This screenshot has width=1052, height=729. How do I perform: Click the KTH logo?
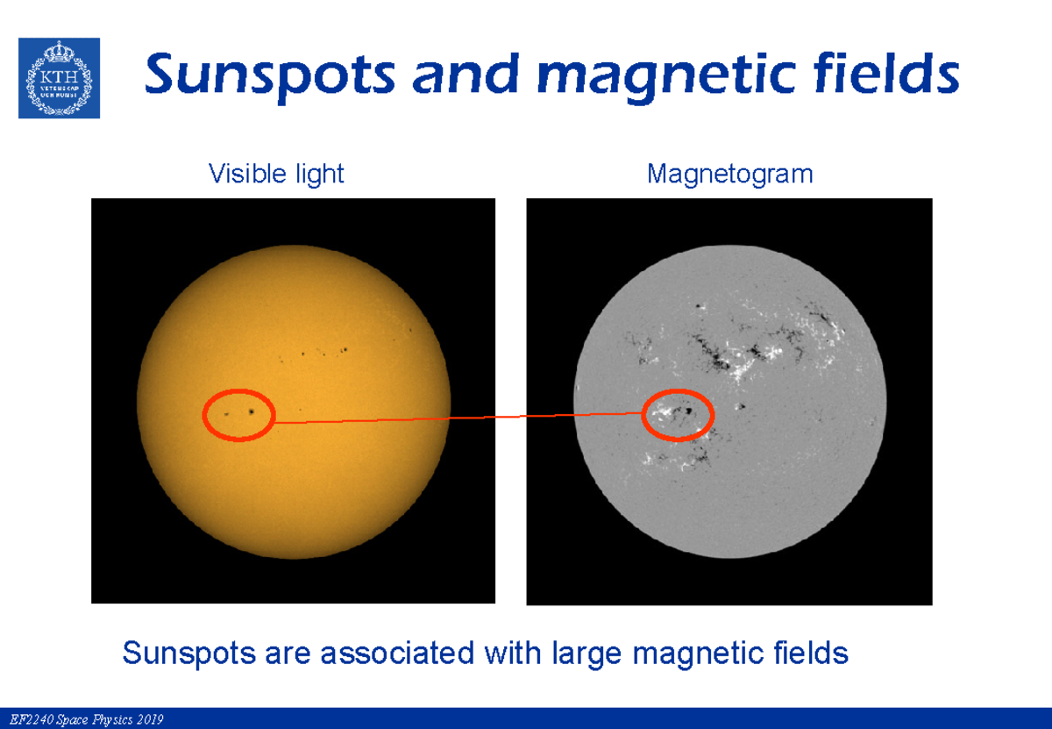coord(60,78)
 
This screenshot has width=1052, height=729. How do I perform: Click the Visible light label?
coord(276,175)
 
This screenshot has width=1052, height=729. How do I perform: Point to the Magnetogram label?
coord(729,175)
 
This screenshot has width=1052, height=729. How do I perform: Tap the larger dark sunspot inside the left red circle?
coord(253,411)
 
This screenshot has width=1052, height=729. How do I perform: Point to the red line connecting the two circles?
coord(456,418)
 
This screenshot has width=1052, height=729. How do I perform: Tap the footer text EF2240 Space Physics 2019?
coord(82,720)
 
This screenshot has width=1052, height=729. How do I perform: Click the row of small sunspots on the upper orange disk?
coord(320,354)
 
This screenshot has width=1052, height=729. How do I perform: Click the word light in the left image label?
coord(319,175)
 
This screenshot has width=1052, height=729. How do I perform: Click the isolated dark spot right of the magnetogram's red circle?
coord(741,407)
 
